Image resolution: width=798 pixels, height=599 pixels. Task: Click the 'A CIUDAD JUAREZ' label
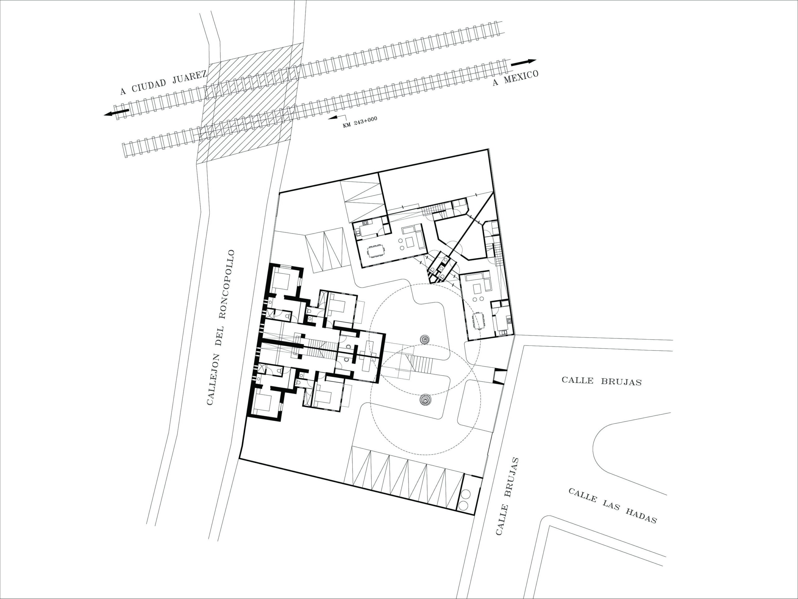tap(163, 83)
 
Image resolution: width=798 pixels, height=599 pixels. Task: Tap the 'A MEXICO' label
tap(516, 78)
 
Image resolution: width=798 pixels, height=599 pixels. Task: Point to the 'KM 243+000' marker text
tap(360, 123)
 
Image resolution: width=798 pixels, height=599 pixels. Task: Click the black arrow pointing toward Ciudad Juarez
tap(116, 113)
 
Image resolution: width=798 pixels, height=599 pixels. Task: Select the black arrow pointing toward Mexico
tap(523, 62)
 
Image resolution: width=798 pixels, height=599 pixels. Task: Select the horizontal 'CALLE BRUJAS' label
tap(601, 381)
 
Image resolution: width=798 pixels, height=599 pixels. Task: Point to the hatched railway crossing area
tap(249, 103)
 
